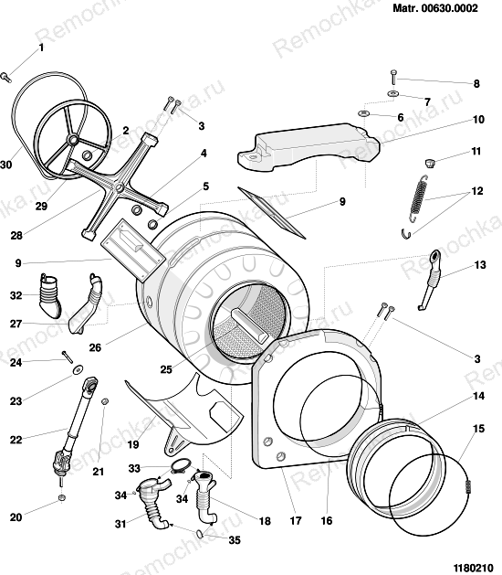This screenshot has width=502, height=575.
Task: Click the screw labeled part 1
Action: point(6,77)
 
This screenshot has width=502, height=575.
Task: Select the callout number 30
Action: point(5,165)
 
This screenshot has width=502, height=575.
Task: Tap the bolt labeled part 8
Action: point(393,77)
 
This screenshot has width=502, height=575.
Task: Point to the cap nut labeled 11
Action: point(429,163)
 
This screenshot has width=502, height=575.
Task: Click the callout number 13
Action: point(480,265)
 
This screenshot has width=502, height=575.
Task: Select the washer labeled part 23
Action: point(78,369)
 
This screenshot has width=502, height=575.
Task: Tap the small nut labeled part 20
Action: point(62,497)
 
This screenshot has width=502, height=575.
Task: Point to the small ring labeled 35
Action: point(201,532)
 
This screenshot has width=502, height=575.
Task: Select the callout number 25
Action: point(166,369)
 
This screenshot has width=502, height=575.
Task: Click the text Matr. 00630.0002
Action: point(435,7)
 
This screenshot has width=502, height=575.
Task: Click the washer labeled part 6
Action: point(364,112)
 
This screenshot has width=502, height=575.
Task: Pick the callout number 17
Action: point(295,520)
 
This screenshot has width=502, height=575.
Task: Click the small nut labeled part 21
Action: point(104,401)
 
